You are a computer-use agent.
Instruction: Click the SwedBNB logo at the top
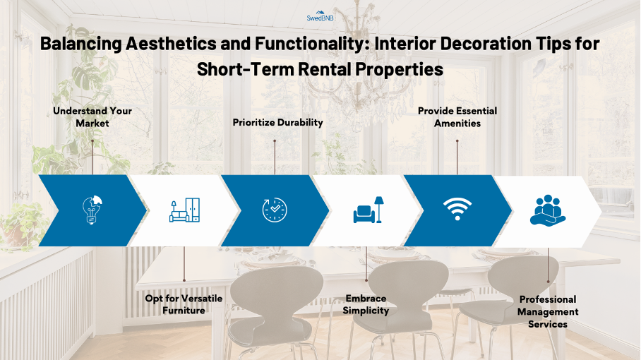point(320,16)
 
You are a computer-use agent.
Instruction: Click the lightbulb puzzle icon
point(92,210)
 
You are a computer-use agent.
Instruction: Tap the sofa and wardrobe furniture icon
point(185,210)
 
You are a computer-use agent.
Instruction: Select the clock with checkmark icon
point(275,210)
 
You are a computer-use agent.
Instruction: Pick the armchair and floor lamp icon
point(369,210)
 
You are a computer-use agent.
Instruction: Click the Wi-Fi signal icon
point(457,209)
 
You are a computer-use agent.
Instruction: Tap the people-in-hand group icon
point(548,210)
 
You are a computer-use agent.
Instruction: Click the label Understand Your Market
point(92,117)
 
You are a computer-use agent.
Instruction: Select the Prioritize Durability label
point(277,122)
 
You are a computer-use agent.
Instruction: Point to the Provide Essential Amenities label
point(457,117)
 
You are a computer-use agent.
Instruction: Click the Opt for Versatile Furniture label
point(184,304)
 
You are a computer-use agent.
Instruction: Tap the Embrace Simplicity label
point(366,304)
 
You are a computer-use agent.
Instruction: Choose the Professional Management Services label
point(548,311)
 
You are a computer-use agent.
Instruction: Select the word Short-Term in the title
point(245,69)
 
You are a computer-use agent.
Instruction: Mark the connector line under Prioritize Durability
point(275,157)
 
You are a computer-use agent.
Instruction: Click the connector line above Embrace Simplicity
point(366,263)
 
